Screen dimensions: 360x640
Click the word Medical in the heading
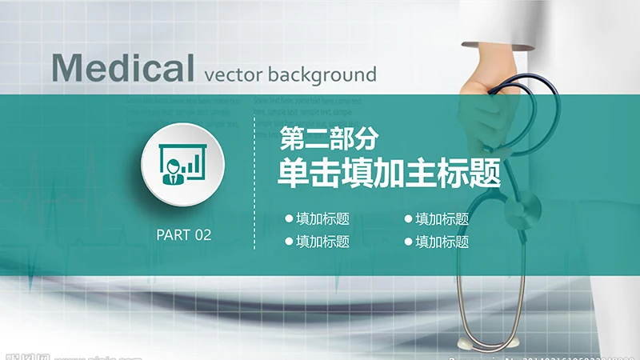click(x=122, y=69)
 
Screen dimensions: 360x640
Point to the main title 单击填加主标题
click(x=389, y=172)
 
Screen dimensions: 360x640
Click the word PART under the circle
click(x=173, y=234)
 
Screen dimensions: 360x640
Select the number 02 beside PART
click(x=202, y=234)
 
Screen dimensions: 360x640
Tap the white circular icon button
click(x=182, y=164)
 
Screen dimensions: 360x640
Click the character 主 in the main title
click(x=422, y=172)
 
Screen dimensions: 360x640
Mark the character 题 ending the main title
click(x=486, y=172)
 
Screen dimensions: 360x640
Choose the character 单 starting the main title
click(x=292, y=172)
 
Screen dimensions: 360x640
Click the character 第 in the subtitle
click(x=291, y=139)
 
